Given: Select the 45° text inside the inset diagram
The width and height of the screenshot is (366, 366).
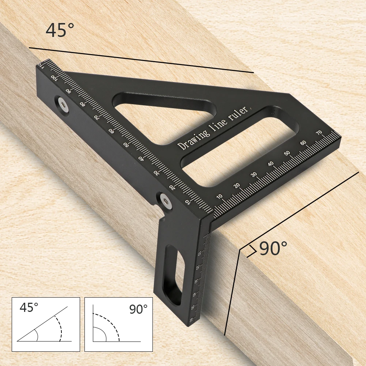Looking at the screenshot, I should pos(29,307).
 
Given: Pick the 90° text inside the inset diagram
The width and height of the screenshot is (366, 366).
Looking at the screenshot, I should pos(138,309).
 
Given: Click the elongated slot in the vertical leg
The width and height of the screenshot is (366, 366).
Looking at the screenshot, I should pos(174,274).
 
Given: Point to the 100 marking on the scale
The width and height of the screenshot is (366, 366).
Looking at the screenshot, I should pos(54,78).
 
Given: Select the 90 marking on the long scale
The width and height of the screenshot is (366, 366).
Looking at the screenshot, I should pos(68,91).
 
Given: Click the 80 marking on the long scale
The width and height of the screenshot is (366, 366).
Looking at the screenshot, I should pos(82,104).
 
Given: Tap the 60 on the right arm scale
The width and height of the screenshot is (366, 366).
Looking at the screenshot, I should pos(303,142).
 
